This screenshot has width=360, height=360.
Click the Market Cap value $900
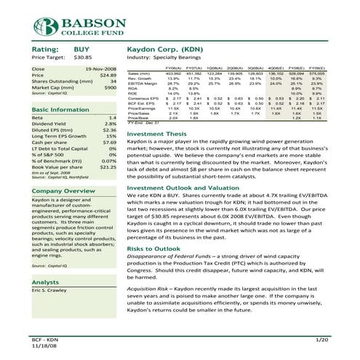click(x=111, y=88)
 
